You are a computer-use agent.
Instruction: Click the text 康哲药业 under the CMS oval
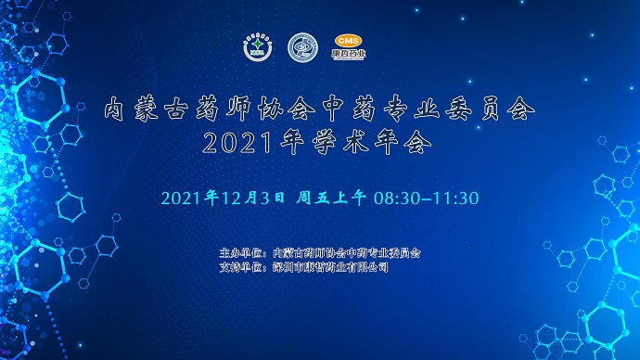point(350,55)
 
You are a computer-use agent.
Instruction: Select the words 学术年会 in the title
point(364,144)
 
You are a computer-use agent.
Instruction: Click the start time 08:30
point(396,198)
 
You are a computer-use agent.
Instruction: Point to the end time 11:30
point(454,198)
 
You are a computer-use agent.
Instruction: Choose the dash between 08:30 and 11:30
point(425,198)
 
